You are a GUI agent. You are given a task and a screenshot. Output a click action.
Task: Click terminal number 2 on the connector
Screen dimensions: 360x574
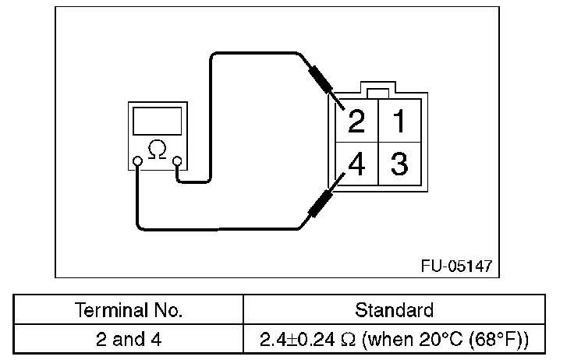[x=356, y=122]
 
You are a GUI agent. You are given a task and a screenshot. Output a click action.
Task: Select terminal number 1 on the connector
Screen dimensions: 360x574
[x=399, y=121]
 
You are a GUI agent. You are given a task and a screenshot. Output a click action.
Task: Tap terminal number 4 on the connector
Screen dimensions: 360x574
[x=356, y=165]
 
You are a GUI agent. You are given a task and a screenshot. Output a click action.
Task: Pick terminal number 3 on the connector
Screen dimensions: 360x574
[x=399, y=165]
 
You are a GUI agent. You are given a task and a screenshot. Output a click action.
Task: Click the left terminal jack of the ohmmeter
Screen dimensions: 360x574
[x=137, y=162]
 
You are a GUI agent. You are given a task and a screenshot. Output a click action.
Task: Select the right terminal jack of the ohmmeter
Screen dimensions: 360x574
[x=178, y=162]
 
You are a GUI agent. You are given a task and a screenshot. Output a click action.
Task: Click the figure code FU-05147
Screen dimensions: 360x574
[x=456, y=265]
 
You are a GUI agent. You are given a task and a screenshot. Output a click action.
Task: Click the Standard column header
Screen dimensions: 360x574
[x=394, y=311]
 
